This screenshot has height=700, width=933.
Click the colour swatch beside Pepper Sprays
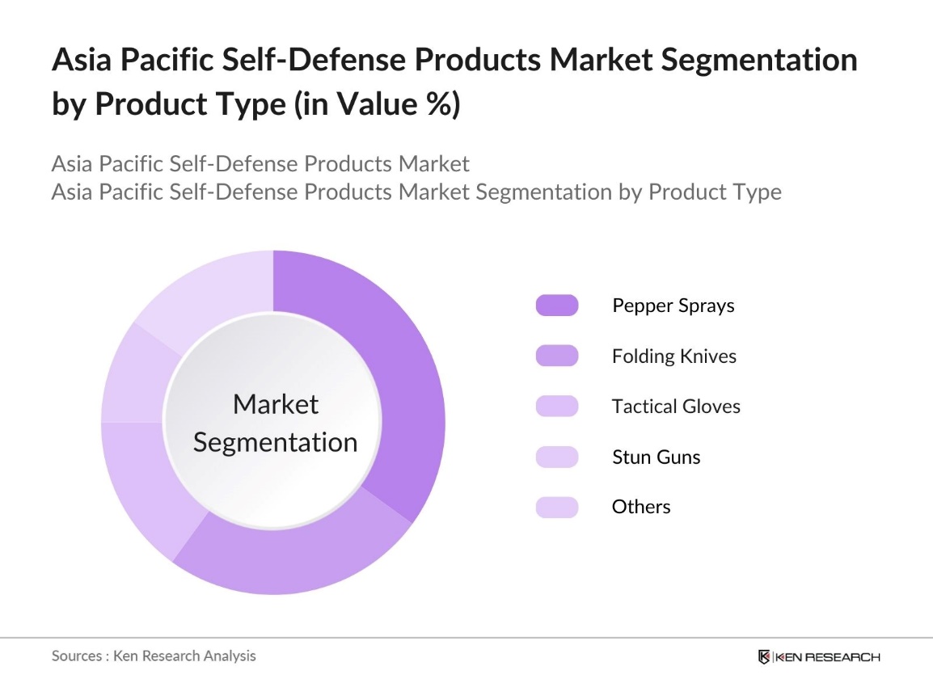556,306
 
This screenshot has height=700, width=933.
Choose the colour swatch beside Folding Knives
556,356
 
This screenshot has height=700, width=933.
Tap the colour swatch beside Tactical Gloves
556,407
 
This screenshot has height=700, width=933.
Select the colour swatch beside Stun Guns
556,457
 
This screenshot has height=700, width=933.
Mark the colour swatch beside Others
556,507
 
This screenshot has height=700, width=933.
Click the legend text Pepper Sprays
673,306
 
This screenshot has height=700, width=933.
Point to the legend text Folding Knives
674,356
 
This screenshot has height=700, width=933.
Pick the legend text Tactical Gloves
676,407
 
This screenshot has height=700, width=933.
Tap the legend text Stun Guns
656,457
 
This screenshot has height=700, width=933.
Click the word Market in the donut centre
276,404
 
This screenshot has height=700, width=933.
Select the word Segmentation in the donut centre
276,442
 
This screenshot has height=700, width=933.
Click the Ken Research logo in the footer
818,656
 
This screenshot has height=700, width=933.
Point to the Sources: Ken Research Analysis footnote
154,656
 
